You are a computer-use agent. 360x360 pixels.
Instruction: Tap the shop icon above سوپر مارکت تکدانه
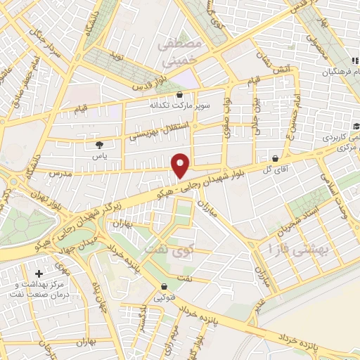coord(180,94)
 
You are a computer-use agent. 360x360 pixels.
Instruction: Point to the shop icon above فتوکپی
coord(164,286)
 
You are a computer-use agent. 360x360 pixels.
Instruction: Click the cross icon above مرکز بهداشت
coord(38,273)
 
